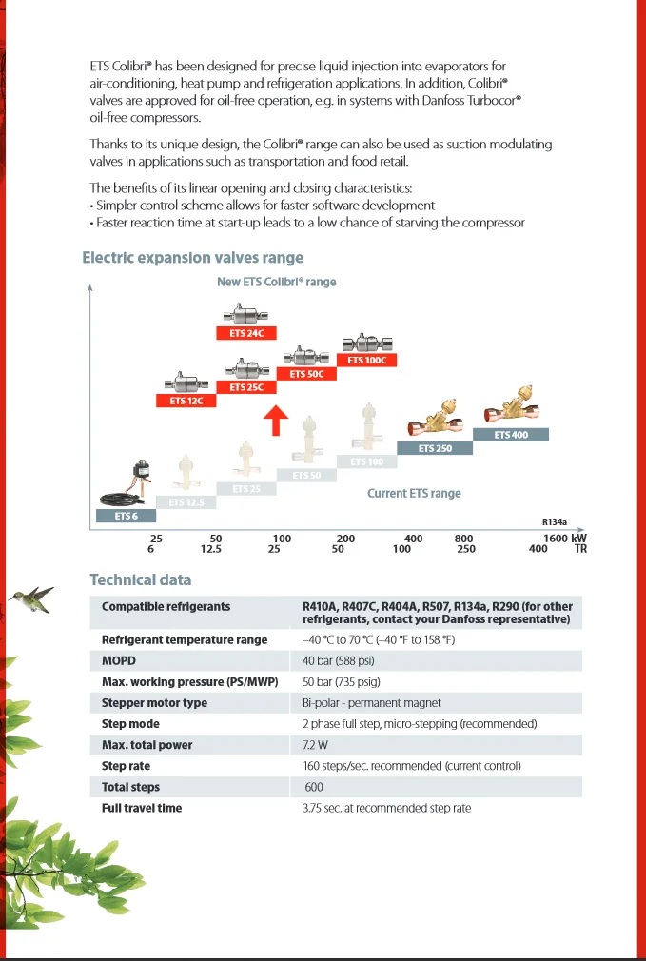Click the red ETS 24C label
246,333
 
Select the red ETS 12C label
186,401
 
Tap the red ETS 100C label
367,361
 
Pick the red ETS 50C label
306,374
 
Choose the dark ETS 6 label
127,516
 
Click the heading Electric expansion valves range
192,258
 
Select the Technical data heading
140,579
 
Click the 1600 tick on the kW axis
556,539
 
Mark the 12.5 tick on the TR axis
211,549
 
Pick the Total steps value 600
315,787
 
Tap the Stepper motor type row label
154,703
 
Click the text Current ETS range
414,494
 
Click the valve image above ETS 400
511,411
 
